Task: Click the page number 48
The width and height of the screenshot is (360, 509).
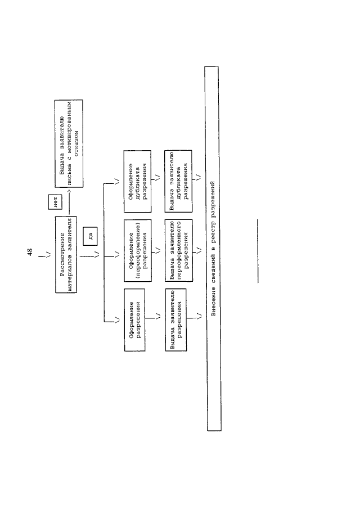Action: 30,252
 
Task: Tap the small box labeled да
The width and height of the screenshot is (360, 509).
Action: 90,235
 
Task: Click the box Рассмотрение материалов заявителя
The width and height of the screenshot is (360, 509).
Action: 66,254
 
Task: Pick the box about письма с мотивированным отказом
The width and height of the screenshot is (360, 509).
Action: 69,143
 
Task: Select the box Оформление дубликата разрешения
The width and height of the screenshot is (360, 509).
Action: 137,181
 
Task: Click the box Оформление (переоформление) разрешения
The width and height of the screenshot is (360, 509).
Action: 138,250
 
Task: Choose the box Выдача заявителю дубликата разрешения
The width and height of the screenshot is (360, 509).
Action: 178,181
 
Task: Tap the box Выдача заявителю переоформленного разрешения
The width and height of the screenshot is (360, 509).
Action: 178,250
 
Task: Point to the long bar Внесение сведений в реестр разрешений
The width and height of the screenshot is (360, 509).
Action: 213,249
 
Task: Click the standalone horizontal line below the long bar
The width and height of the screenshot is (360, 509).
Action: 258,251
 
